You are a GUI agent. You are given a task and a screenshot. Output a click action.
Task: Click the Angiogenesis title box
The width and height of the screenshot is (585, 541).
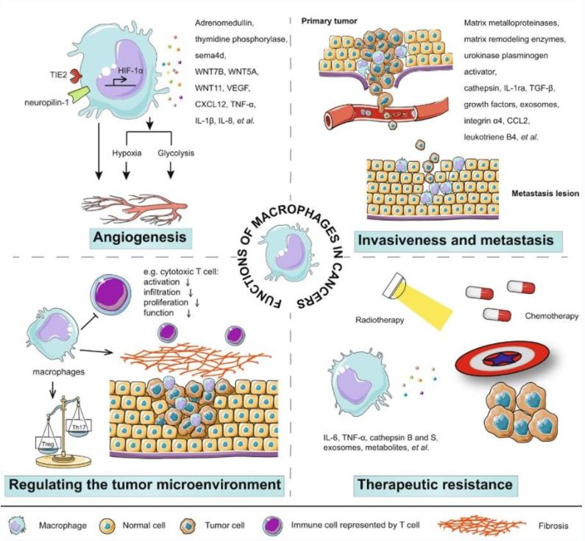pos(138,238)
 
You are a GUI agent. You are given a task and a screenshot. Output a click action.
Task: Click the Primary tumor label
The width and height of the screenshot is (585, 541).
pos(330,21)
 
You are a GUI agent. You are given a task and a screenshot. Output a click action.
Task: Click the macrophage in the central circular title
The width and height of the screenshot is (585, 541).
pos(283,246)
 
